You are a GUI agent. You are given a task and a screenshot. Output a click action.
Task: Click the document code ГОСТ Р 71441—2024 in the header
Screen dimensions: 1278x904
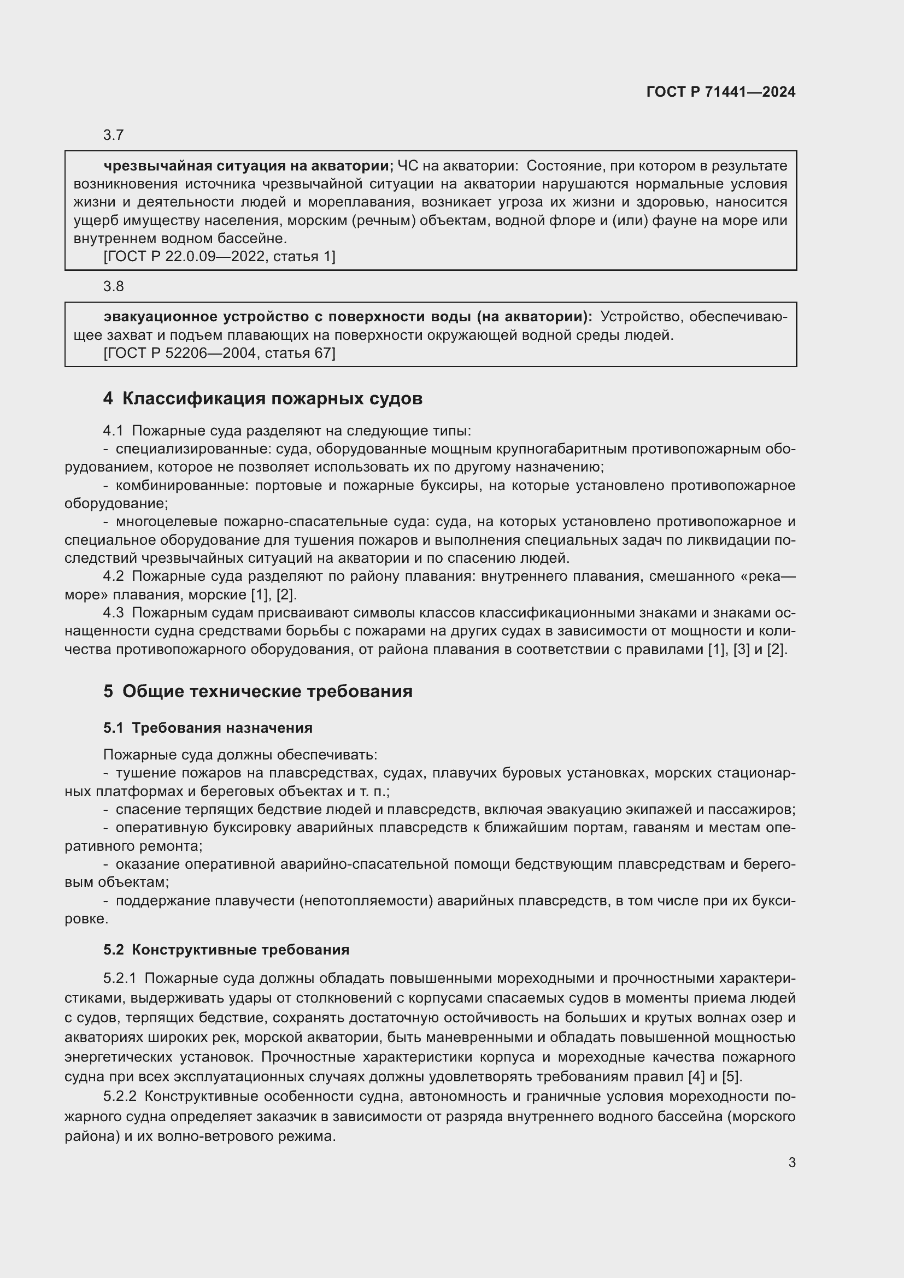pos(721,92)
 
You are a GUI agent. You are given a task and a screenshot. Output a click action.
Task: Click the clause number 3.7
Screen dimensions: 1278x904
pos(114,136)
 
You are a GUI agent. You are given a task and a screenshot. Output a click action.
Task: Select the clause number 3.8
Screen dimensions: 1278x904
pos(114,286)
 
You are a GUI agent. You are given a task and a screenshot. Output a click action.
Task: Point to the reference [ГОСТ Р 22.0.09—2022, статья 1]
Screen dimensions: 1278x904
pos(219,257)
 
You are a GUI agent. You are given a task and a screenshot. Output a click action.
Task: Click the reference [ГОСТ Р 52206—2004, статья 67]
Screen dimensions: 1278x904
pos(219,353)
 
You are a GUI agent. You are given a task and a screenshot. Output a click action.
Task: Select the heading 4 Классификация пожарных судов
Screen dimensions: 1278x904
pos(263,398)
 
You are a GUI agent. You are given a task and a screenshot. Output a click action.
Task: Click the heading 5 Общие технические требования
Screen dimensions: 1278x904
pos(258,691)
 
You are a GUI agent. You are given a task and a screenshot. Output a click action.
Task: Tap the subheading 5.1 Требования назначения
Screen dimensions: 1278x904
pos(208,728)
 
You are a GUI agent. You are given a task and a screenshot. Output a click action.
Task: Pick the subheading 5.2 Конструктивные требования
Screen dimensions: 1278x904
pos(226,950)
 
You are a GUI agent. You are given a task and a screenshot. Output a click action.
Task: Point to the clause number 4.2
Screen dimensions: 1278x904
pos(114,576)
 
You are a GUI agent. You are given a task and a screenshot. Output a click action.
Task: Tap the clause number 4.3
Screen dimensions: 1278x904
pos(114,613)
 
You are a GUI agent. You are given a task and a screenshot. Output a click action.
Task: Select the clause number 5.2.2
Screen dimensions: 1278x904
pos(120,1097)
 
